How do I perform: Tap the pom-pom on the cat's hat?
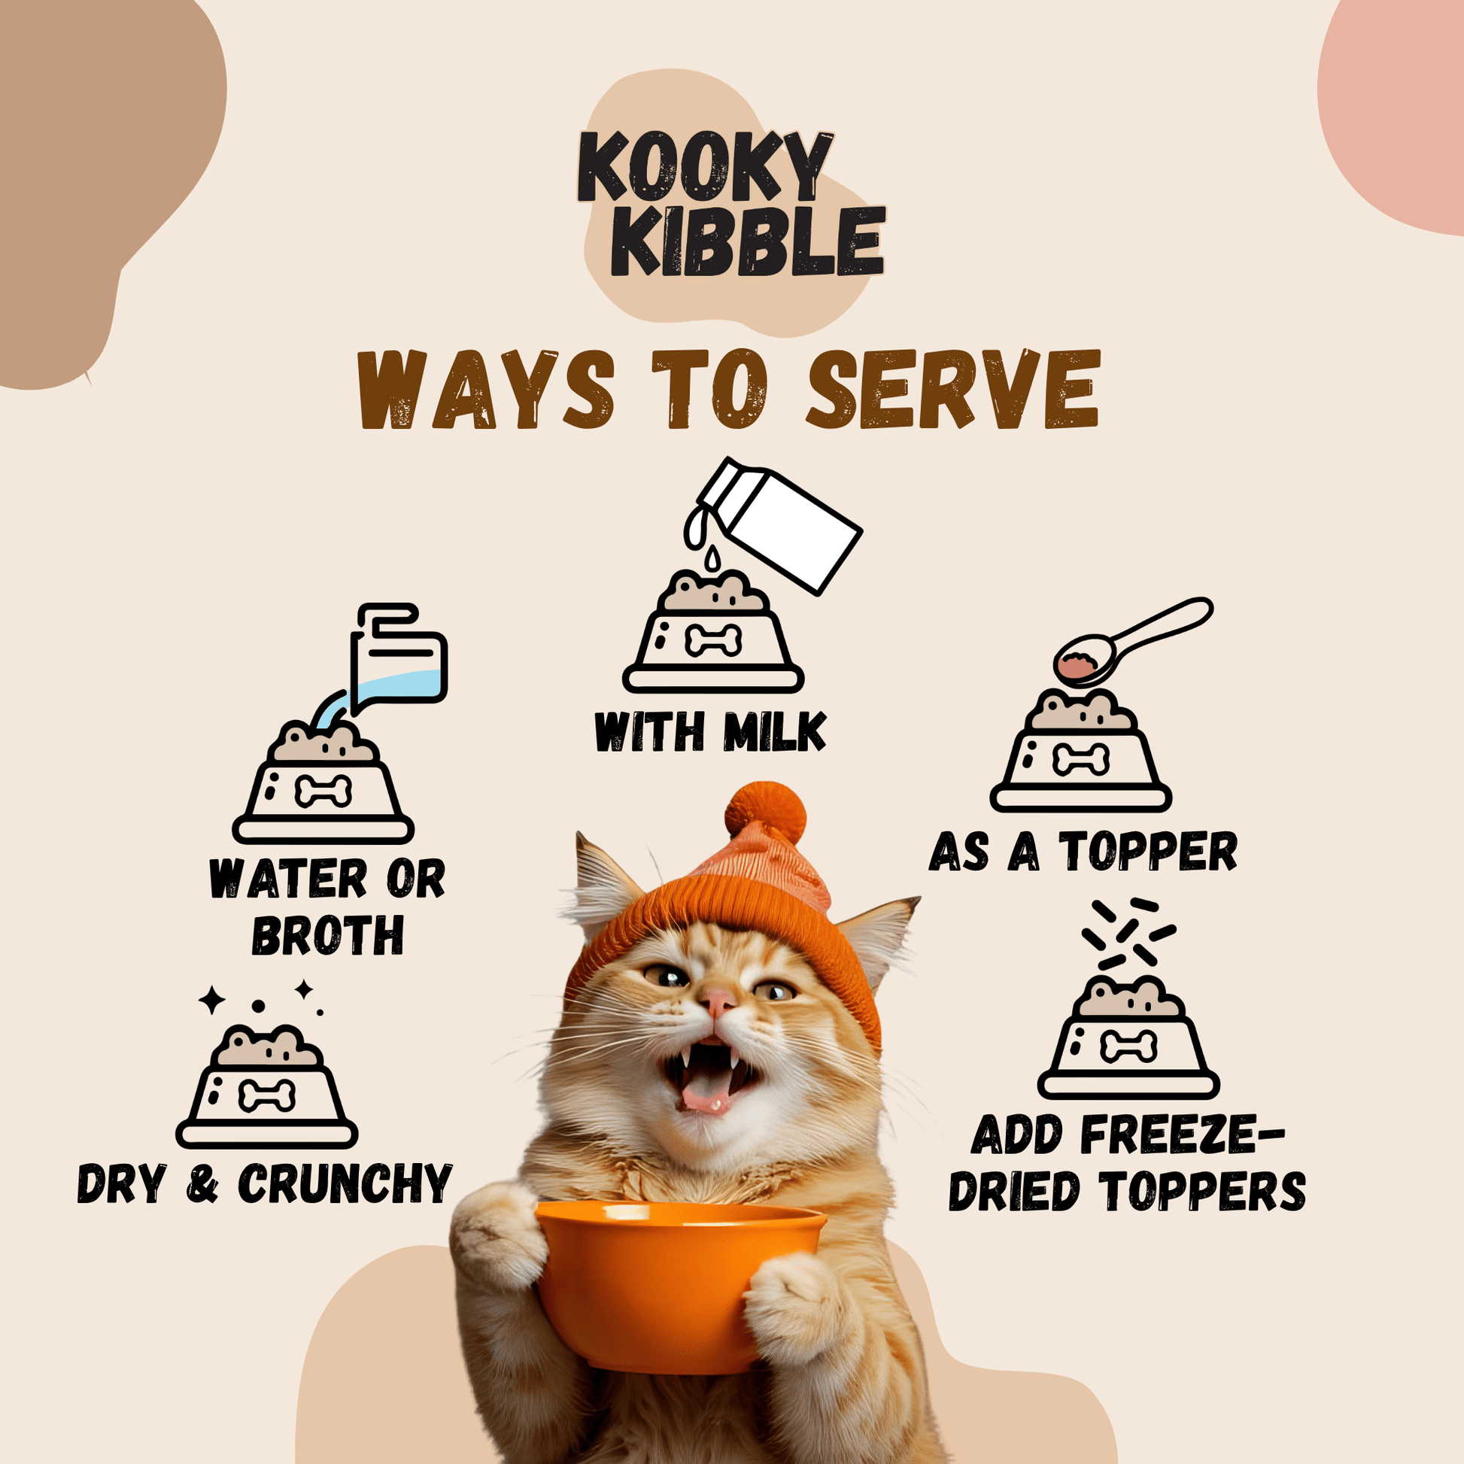click(x=765, y=814)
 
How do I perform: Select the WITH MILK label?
click(x=710, y=733)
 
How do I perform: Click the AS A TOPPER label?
click(x=1083, y=852)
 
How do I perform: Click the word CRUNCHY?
click(x=345, y=1183)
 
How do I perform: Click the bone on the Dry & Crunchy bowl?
click(x=266, y=1096)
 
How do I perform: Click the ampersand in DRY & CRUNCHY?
click(x=202, y=1185)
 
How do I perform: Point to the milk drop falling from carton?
click(x=712, y=558)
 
